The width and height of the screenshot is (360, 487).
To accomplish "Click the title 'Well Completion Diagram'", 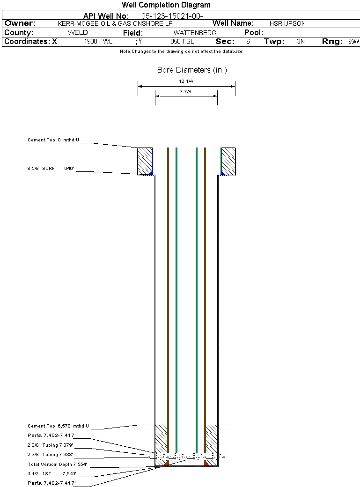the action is (166, 5).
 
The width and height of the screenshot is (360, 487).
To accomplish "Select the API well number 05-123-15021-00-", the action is (172, 16).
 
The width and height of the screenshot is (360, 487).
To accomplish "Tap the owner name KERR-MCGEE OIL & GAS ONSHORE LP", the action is (115, 23).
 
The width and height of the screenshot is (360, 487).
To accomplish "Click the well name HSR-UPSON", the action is (287, 23).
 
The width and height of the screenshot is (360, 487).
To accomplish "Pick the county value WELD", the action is (78, 33).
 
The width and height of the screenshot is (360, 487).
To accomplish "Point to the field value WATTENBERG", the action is (195, 33).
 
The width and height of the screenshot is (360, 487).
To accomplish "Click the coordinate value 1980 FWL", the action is (98, 42).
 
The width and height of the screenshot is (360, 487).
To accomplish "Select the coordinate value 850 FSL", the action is (182, 42).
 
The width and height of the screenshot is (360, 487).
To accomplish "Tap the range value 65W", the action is (353, 42).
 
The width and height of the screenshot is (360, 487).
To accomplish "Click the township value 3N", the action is (301, 42).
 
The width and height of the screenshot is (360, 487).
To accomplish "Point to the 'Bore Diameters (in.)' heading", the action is (192, 70).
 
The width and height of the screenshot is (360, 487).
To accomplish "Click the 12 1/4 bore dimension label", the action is (186, 81).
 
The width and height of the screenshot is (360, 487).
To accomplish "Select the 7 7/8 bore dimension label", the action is (185, 92).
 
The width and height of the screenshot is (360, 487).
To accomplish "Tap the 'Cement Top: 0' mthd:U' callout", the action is (53, 140).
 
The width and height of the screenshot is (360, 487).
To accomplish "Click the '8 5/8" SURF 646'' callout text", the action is (51, 168).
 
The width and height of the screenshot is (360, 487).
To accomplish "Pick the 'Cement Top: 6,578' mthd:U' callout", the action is (58, 426).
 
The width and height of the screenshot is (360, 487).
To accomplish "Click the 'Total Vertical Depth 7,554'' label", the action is (57, 465).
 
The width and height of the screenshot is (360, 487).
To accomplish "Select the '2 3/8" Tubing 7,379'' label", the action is (50, 445).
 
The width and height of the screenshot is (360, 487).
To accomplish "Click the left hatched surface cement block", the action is (145, 161).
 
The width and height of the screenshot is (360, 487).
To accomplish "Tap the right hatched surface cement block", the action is (228, 161).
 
